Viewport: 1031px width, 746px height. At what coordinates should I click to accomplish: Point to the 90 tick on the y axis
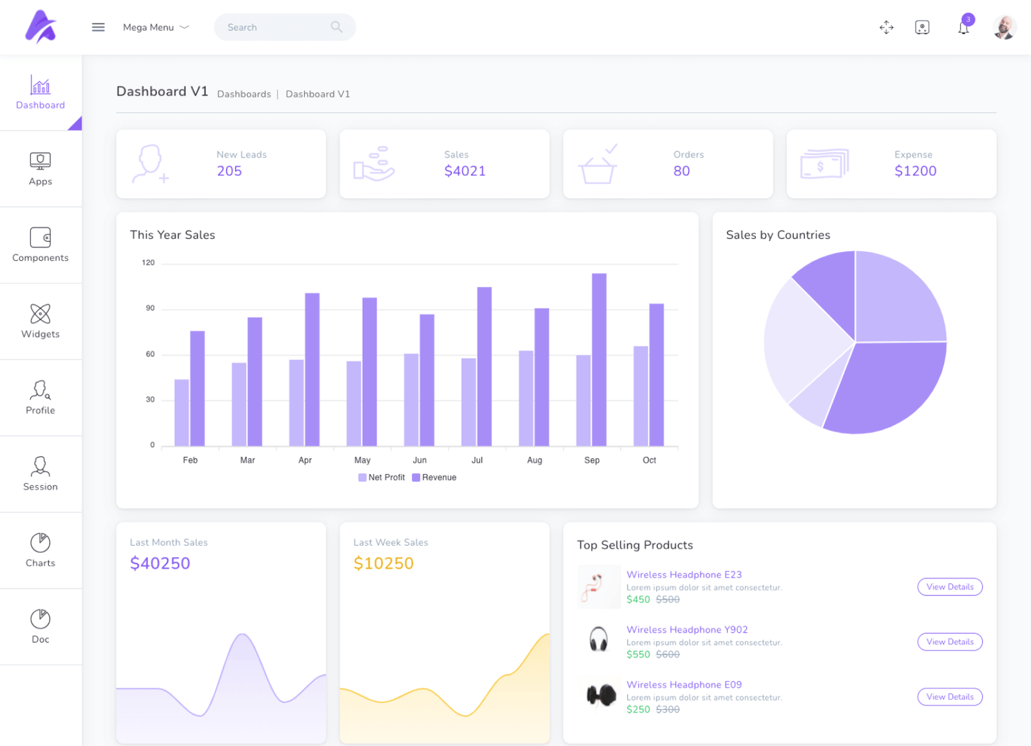point(150,308)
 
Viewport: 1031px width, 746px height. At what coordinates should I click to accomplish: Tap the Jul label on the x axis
point(477,460)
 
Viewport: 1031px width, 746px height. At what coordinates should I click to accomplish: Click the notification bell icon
point(963,28)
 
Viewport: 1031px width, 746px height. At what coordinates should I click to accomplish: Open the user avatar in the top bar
point(1004,28)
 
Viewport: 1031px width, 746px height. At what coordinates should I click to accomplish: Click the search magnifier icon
point(336,27)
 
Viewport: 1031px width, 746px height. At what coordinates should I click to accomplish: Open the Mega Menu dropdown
point(155,27)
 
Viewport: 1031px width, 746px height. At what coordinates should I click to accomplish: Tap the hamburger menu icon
point(98,27)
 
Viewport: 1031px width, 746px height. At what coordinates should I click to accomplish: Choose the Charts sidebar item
point(41,550)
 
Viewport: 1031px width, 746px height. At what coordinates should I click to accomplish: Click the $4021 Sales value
point(465,171)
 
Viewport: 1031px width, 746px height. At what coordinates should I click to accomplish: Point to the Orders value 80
point(681,171)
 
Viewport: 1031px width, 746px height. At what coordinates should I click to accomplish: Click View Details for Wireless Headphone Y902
point(949,642)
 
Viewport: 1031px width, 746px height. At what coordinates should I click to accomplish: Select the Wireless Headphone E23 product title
point(684,575)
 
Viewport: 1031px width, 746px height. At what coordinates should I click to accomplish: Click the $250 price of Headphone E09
point(638,709)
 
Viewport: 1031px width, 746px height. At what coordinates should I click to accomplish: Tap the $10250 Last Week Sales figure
point(383,563)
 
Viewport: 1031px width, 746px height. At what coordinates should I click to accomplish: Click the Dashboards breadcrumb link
point(244,94)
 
